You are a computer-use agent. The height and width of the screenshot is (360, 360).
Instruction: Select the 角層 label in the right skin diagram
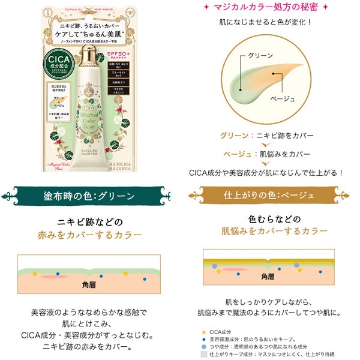[269, 277]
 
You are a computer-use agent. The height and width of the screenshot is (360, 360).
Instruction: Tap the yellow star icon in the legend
[205, 331]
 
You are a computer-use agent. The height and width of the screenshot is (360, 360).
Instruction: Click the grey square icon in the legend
[205, 354]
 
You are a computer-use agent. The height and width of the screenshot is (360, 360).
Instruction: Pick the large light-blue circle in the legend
[205, 347]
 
